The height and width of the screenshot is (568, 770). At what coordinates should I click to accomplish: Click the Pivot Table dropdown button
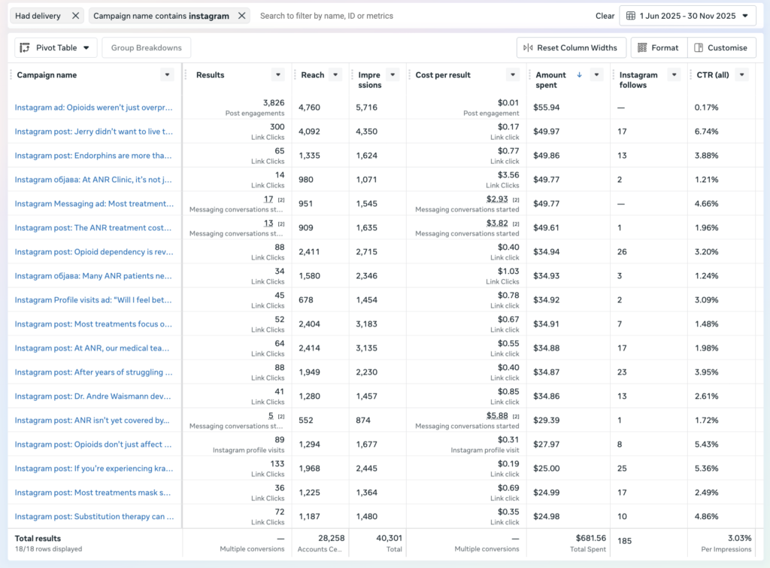pos(56,47)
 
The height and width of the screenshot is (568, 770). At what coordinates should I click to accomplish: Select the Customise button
pos(721,47)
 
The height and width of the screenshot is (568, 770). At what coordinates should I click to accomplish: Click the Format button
pos(659,47)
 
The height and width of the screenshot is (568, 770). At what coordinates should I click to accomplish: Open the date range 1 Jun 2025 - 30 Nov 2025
pos(687,16)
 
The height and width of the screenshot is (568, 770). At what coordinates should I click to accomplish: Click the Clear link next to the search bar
pos(605,16)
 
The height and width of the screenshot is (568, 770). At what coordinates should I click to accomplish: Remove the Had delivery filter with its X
pos(75,16)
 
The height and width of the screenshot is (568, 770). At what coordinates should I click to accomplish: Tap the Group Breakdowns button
pos(146,47)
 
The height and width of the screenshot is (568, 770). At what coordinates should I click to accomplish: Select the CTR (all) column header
pos(711,75)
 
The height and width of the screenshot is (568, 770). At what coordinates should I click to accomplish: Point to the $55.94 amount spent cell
pos(546,108)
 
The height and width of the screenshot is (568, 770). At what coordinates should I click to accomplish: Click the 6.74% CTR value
pos(706,132)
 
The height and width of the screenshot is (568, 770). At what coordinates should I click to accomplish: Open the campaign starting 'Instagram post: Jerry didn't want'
pos(94,132)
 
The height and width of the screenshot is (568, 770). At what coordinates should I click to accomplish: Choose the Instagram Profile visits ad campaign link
pos(94,300)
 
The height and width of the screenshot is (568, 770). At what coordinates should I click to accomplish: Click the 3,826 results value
pos(274,102)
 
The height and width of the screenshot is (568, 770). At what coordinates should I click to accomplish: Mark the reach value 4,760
pos(309,108)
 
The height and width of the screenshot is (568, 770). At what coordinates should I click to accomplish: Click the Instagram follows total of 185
pos(624,540)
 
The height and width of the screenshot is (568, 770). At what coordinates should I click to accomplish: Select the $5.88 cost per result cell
pos(497,415)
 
